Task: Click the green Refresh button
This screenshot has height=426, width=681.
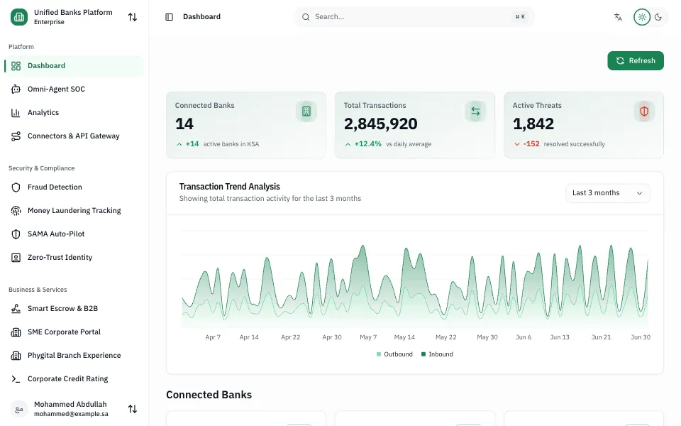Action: (x=636, y=60)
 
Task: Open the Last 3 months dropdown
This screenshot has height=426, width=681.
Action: (x=608, y=193)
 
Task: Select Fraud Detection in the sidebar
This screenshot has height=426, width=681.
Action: (x=55, y=187)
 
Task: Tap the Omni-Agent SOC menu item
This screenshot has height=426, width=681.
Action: (x=56, y=89)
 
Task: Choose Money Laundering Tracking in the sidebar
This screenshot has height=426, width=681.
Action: (x=74, y=210)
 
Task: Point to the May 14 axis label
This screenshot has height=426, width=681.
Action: (x=404, y=337)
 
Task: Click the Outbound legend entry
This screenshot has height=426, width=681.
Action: (x=394, y=354)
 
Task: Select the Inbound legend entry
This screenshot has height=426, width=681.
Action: (x=437, y=354)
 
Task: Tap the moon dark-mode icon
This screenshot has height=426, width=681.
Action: (x=658, y=17)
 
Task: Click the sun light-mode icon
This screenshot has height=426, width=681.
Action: (x=642, y=17)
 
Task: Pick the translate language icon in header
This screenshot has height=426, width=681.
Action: (x=618, y=17)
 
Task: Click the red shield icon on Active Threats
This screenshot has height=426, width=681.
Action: (x=644, y=111)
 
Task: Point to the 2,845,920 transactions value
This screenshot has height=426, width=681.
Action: (x=380, y=124)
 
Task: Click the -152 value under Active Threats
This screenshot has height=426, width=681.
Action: (x=531, y=144)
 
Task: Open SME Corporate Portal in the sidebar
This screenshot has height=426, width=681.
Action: (x=64, y=332)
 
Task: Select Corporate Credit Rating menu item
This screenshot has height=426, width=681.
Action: (x=68, y=379)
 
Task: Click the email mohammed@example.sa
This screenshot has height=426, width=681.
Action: (x=71, y=414)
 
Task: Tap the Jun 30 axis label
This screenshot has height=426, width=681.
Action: (x=641, y=337)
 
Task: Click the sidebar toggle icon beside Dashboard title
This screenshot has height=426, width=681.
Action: (x=170, y=17)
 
